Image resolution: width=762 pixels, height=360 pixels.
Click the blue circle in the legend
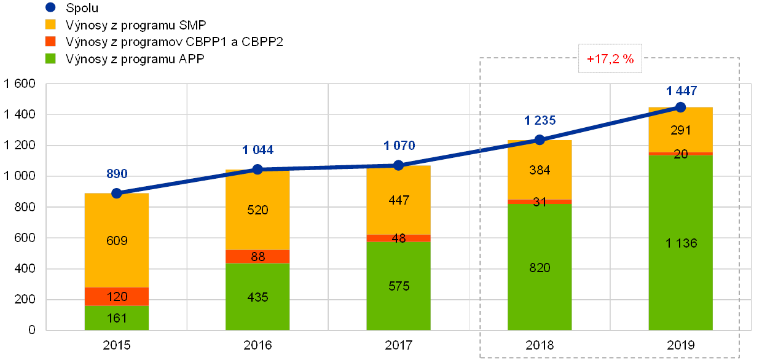pyautogui.click(x=51, y=8)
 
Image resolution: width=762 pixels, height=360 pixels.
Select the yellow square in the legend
pyautogui.click(x=51, y=25)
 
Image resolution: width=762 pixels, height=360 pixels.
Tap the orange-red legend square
pyautogui.click(x=51, y=42)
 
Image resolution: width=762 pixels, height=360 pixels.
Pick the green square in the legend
pyautogui.click(x=51, y=59)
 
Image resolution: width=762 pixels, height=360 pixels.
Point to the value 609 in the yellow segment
pyautogui.click(x=117, y=240)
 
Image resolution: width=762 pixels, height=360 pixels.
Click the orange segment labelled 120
pyautogui.click(x=117, y=297)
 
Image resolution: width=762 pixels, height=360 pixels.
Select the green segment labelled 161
pyautogui.click(x=117, y=318)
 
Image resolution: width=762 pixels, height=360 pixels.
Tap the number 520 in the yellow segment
pyautogui.click(x=257, y=209)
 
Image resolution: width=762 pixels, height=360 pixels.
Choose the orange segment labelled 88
pyautogui.click(x=257, y=257)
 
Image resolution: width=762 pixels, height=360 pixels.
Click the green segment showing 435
pyautogui.click(x=257, y=297)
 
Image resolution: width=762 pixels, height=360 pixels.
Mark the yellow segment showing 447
pyautogui.click(x=398, y=200)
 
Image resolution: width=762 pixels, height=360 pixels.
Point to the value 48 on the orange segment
pyautogui.click(x=398, y=238)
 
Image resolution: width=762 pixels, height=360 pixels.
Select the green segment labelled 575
pyautogui.click(x=398, y=286)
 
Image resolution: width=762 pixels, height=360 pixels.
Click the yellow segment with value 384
pyautogui.click(x=540, y=170)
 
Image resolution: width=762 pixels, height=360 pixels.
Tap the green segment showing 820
pyautogui.click(x=540, y=267)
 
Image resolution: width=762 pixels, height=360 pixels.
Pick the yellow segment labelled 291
pyautogui.click(x=681, y=130)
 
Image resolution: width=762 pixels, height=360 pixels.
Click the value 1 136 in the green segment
pyautogui.click(x=681, y=243)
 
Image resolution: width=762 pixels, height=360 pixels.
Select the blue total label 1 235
pyautogui.click(x=540, y=120)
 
